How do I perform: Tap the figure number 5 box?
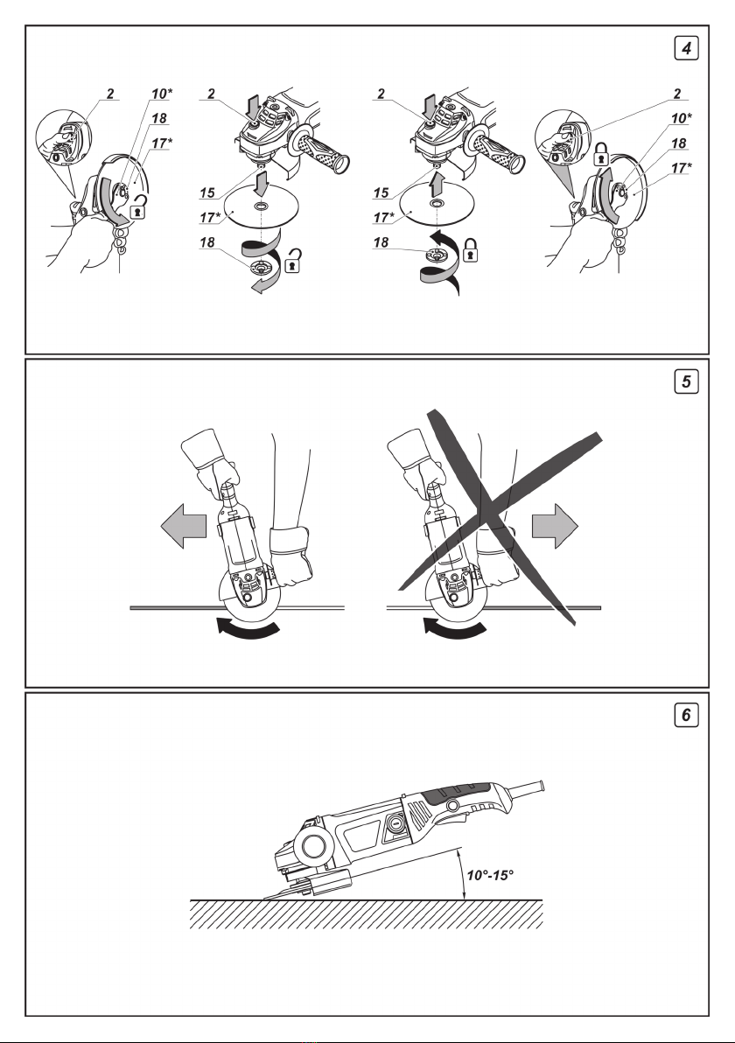coord(689,384)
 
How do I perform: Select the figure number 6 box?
coord(689,715)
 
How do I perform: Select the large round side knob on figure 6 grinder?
coord(310,846)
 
